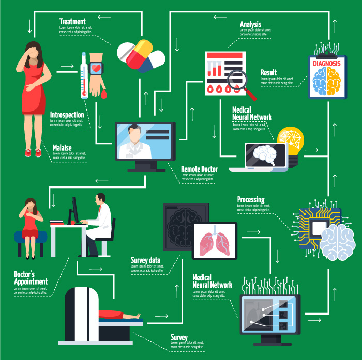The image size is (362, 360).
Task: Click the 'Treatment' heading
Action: click(x=72, y=22)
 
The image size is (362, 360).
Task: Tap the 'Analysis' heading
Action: click(x=250, y=24)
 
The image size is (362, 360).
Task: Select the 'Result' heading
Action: click(x=268, y=73)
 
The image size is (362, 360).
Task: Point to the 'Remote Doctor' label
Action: click(x=199, y=169)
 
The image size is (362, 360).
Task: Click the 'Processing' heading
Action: click(x=251, y=200)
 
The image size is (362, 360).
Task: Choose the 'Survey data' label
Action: click(x=145, y=260)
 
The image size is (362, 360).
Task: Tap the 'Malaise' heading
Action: click(x=62, y=148)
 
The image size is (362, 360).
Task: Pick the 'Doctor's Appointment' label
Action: click(x=31, y=278)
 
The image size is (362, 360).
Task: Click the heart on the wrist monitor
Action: click(x=96, y=68)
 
